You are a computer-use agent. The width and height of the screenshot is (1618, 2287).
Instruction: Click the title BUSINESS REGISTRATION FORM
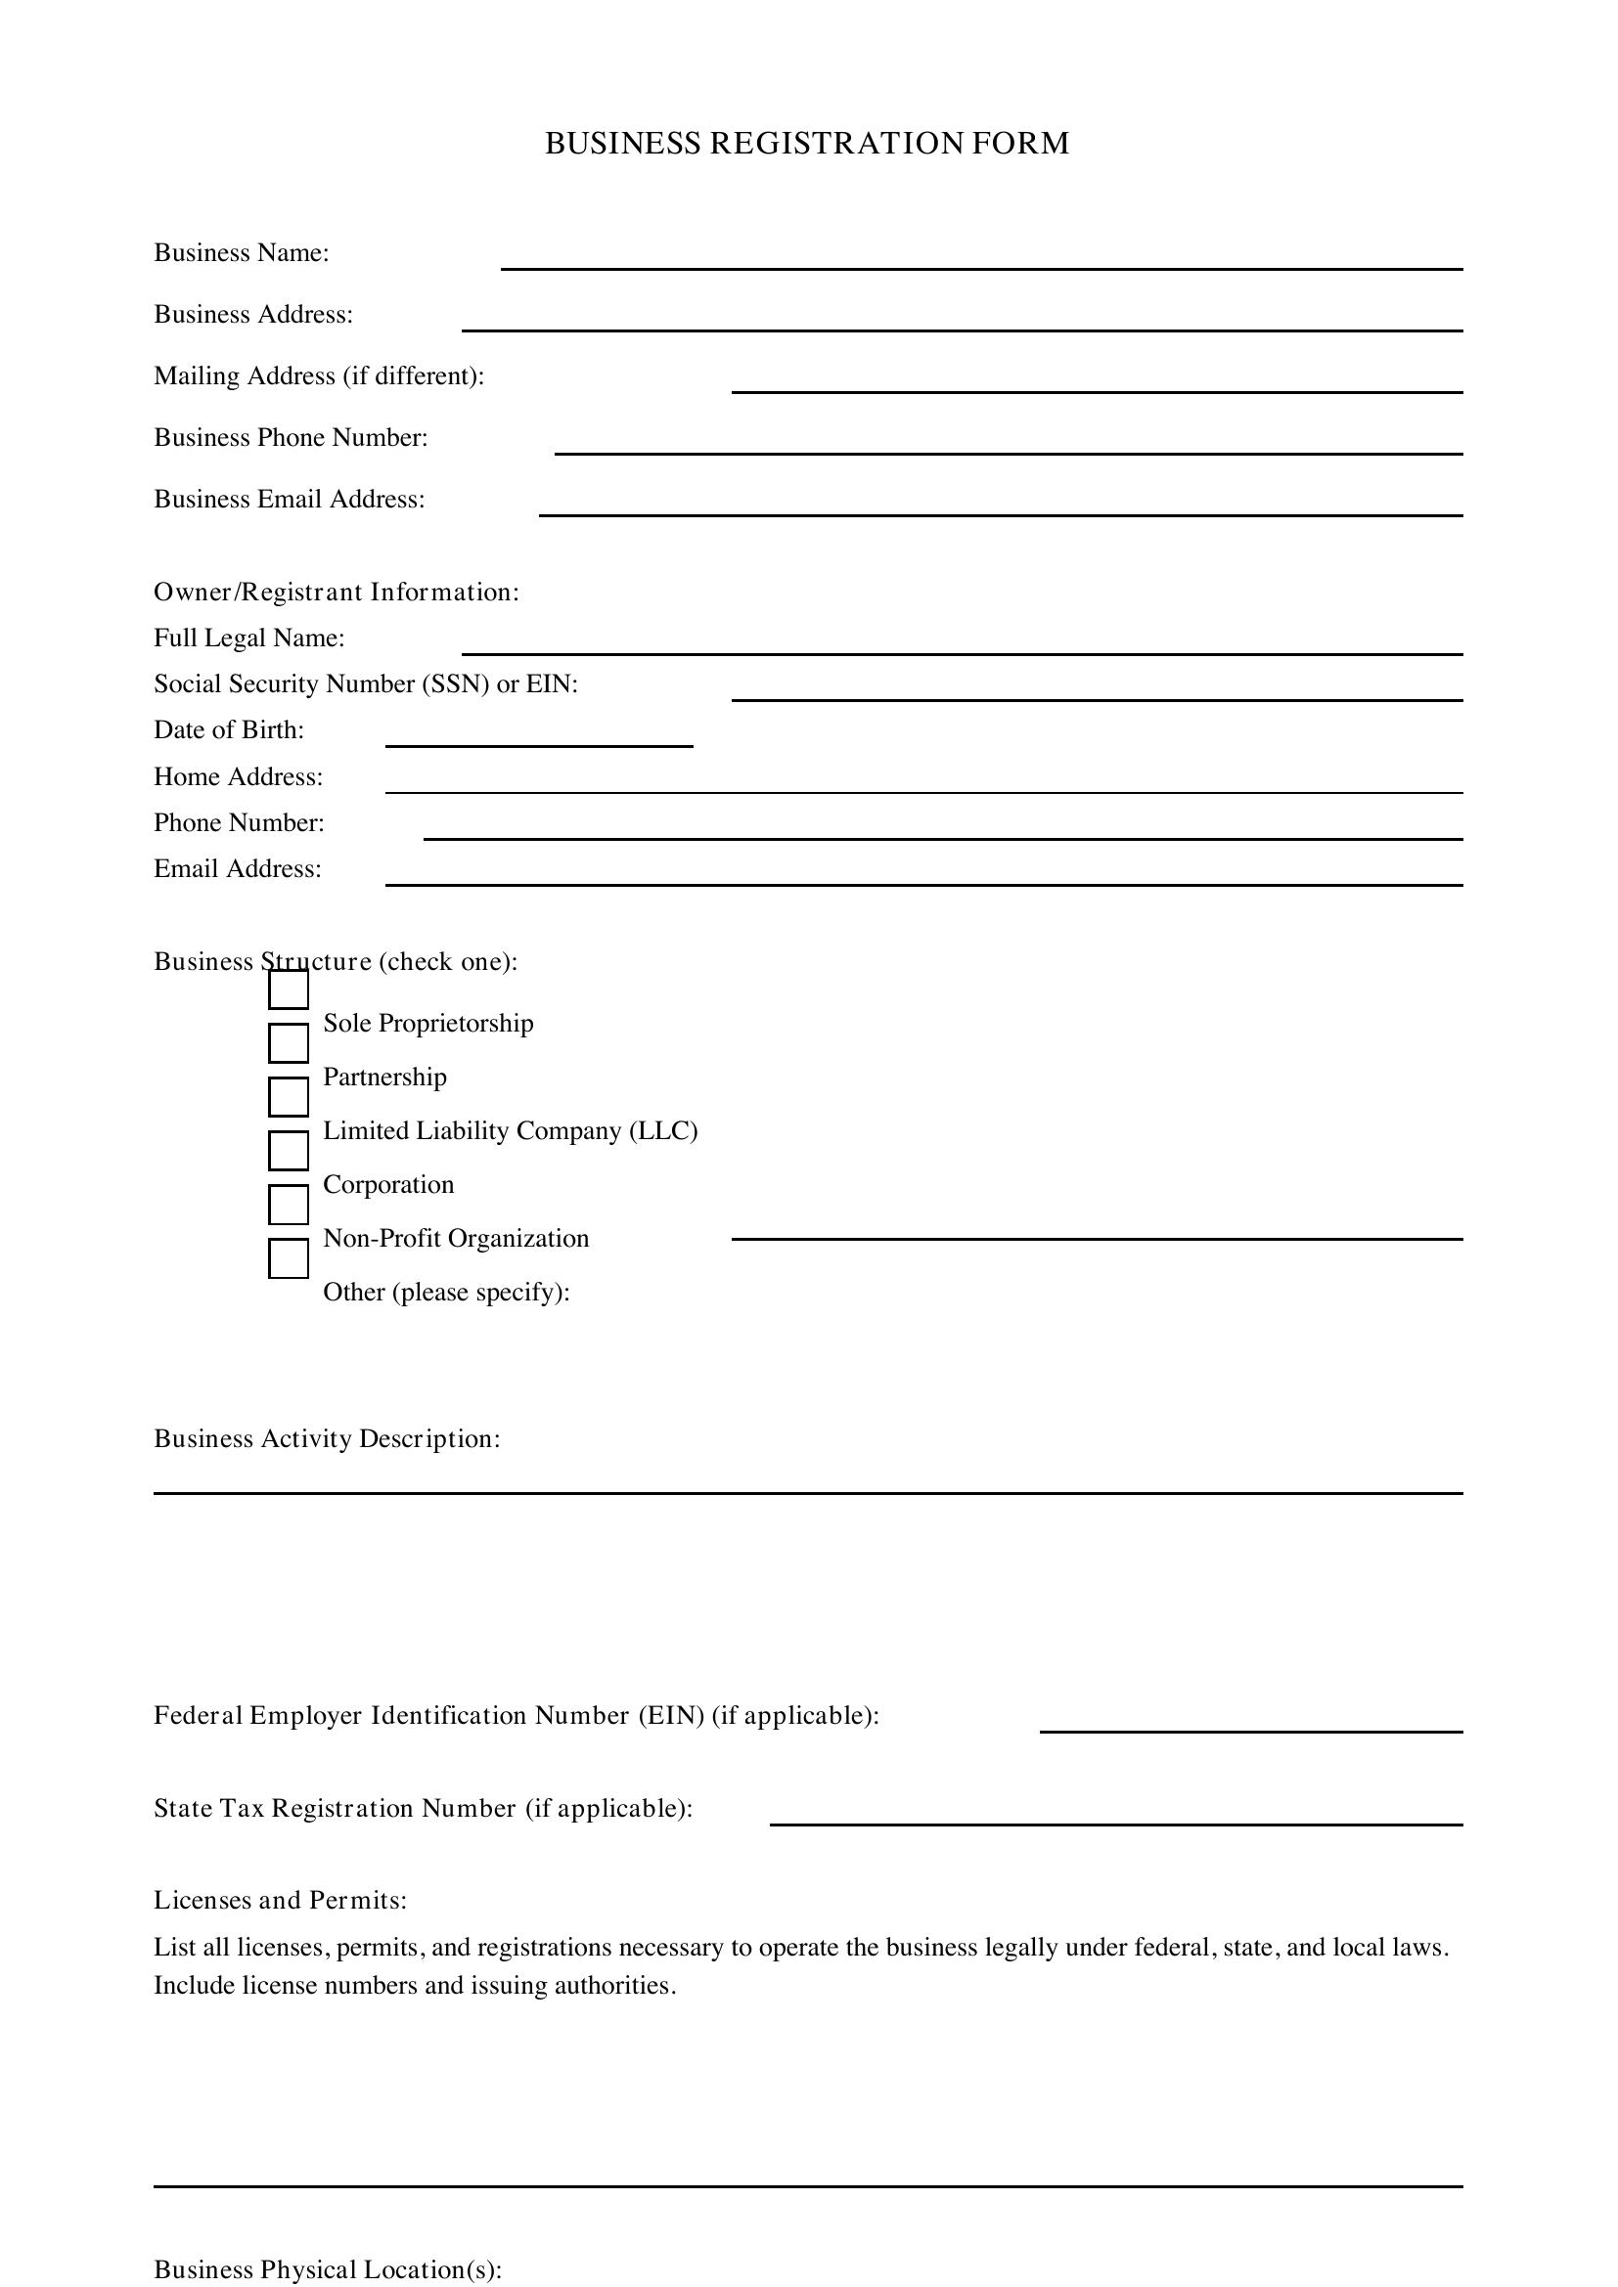point(807,144)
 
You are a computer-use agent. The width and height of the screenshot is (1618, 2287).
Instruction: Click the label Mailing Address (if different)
point(319,376)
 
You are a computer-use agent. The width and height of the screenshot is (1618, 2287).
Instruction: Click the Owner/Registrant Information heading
point(336,593)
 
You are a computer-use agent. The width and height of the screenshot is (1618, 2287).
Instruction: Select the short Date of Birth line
point(538,744)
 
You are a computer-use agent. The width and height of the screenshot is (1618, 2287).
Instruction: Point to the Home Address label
point(238,777)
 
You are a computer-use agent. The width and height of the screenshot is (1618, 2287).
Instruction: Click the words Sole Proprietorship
point(428,1024)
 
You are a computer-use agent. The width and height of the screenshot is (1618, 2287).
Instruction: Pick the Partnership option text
point(384,1078)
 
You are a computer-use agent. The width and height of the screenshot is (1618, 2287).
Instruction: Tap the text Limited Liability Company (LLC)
point(510,1131)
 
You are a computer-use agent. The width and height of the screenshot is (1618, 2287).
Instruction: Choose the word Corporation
point(388,1185)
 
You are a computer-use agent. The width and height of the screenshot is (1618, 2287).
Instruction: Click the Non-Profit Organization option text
point(456,1239)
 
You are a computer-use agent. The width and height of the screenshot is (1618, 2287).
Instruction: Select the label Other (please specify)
point(446,1293)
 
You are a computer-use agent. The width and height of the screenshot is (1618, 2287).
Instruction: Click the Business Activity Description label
point(327,1439)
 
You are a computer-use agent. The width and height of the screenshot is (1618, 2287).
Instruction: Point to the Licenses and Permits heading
point(280,1901)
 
